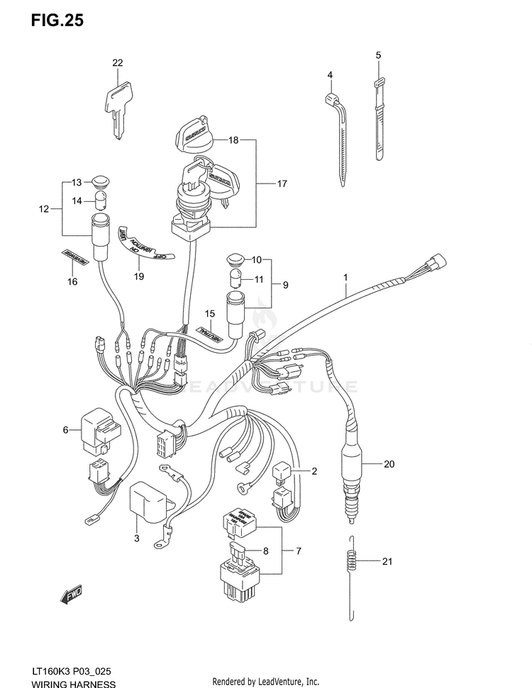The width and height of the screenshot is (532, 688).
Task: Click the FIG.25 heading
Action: pyautogui.click(x=57, y=21)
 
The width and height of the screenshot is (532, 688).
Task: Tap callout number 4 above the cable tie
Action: pyautogui.click(x=330, y=75)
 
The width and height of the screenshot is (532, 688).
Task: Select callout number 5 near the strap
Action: pyautogui.click(x=378, y=55)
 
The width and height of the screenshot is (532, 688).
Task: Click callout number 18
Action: pyautogui.click(x=233, y=140)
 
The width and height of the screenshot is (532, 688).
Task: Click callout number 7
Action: pyautogui.click(x=299, y=551)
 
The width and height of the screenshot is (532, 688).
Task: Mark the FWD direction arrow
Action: pyautogui.click(x=72, y=596)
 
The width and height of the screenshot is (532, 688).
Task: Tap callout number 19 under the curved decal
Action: pyautogui.click(x=139, y=276)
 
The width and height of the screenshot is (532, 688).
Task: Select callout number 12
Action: pyautogui.click(x=44, y=209)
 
